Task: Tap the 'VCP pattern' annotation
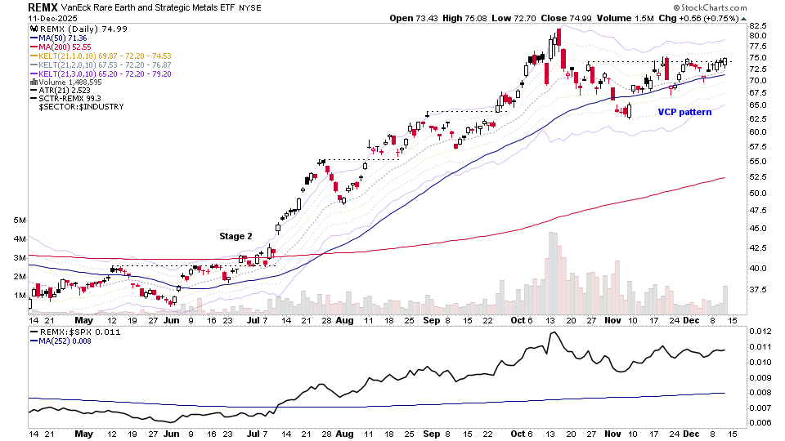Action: pyautogui.click(x=684, y=112)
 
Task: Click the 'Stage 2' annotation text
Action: pyautogui.click(x=235, y=236)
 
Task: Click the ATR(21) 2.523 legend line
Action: pyautogui.click(x=63, y=90)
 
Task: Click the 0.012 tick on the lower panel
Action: pyautogui.click(x=760, y=331)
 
